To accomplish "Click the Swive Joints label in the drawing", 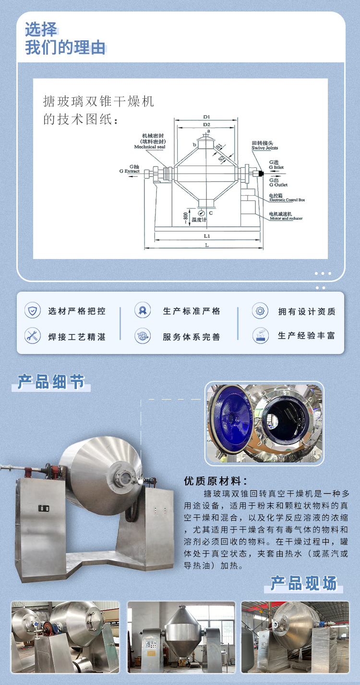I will point(264,148).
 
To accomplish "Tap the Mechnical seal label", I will point(148,147).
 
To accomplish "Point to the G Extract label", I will point(130,171).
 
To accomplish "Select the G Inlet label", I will point(276,167).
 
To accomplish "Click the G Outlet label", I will point(278,185).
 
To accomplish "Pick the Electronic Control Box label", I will point(287,200).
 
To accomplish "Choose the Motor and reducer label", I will point(286,218).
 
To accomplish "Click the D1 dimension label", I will point(206,117).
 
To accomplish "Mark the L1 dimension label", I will point(207,236).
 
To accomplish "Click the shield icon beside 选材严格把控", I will point(33,311).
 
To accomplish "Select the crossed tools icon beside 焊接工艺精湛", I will point(33,336).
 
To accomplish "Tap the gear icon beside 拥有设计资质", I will point(260,311).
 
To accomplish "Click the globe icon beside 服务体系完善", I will point(143,336).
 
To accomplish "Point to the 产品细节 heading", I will point(51,382).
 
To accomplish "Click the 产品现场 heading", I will point(303,583).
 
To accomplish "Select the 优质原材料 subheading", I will point(216,481).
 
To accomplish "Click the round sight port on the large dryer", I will point(126,477).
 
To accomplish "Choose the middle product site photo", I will point(181,637).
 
